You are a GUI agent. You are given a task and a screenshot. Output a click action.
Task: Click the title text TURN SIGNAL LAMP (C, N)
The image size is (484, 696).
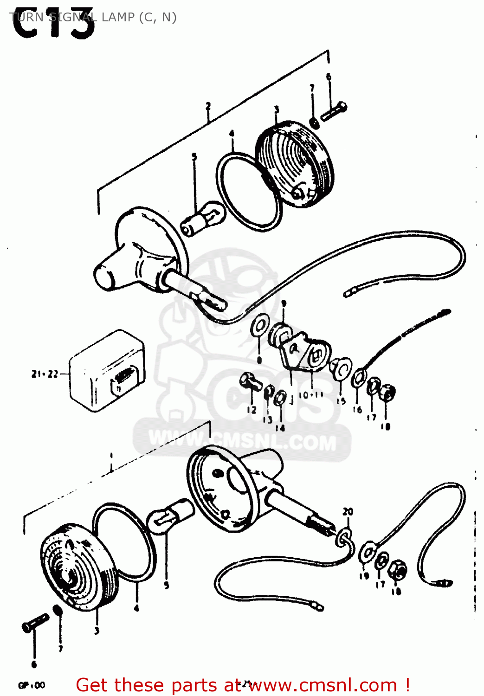pos(93,17)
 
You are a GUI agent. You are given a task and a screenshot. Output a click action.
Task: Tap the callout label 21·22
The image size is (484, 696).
pos(45,374)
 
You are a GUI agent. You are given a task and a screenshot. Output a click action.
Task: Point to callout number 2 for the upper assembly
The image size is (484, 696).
pos(208,106)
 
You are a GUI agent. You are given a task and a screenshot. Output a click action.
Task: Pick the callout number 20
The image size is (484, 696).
pos(348,511)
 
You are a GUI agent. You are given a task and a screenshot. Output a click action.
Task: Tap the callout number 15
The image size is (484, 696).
pos(341,401)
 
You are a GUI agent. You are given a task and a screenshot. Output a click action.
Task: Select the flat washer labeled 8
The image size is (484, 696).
pos(258,328)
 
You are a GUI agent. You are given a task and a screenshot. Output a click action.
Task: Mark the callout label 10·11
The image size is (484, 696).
pos(311,395)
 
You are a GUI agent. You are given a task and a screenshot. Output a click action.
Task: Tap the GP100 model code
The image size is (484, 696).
pos(32,685)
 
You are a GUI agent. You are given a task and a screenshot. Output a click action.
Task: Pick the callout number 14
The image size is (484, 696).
pos(280,428)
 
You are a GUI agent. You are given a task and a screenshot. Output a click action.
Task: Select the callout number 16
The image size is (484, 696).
pos(357,409)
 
